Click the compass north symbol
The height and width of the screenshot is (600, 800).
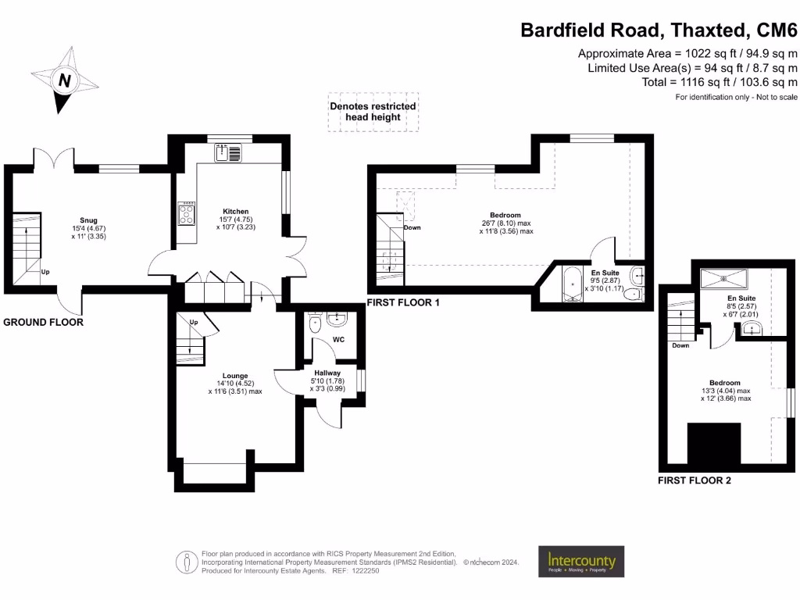click(66, 80)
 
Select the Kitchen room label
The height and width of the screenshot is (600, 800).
click(235, 212)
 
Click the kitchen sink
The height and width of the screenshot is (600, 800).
click(231, 152)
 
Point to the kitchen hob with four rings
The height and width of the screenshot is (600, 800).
click(187, 213)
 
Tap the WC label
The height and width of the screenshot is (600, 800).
click(338, 340)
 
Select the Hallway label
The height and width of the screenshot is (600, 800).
click(327, 373)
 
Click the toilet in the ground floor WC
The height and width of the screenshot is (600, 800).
click(316, 323)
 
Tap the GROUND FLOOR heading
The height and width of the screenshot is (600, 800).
click(44, 322)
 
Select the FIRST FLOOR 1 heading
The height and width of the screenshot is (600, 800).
click(403, 302)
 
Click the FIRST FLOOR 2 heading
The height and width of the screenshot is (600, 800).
click(695, 480)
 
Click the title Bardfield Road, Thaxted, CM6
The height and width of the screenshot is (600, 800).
click(659, 30)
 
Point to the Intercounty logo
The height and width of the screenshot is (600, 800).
click(580, 561)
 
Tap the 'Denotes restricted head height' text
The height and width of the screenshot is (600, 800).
click(373, 112)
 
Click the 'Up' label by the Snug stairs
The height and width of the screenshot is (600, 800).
click(45, 273)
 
